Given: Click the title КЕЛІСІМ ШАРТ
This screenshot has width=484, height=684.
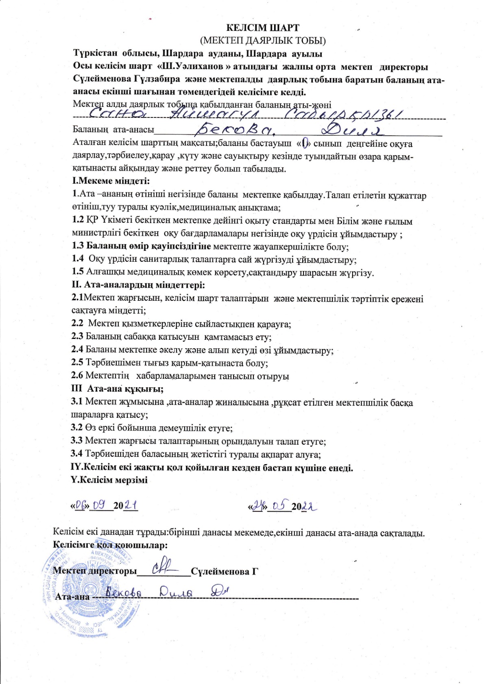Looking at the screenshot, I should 262,28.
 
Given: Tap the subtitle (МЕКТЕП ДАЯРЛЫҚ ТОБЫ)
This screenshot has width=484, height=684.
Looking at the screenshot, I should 262,40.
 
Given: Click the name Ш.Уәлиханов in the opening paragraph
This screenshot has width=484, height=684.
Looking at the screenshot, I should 191,67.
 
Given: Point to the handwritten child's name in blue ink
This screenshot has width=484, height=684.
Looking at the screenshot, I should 244,115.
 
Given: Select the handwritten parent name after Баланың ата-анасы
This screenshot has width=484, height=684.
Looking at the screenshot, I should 291,130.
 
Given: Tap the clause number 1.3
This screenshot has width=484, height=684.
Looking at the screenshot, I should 78,246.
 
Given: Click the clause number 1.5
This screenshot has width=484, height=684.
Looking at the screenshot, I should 78,272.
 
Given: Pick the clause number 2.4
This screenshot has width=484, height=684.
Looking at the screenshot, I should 77,350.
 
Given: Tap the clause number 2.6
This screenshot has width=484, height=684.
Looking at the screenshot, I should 77,376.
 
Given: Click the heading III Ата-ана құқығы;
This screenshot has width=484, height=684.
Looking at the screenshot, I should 117,389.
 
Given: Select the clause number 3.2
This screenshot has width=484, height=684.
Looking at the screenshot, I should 77,428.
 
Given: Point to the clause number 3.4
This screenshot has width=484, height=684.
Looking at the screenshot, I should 77,454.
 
